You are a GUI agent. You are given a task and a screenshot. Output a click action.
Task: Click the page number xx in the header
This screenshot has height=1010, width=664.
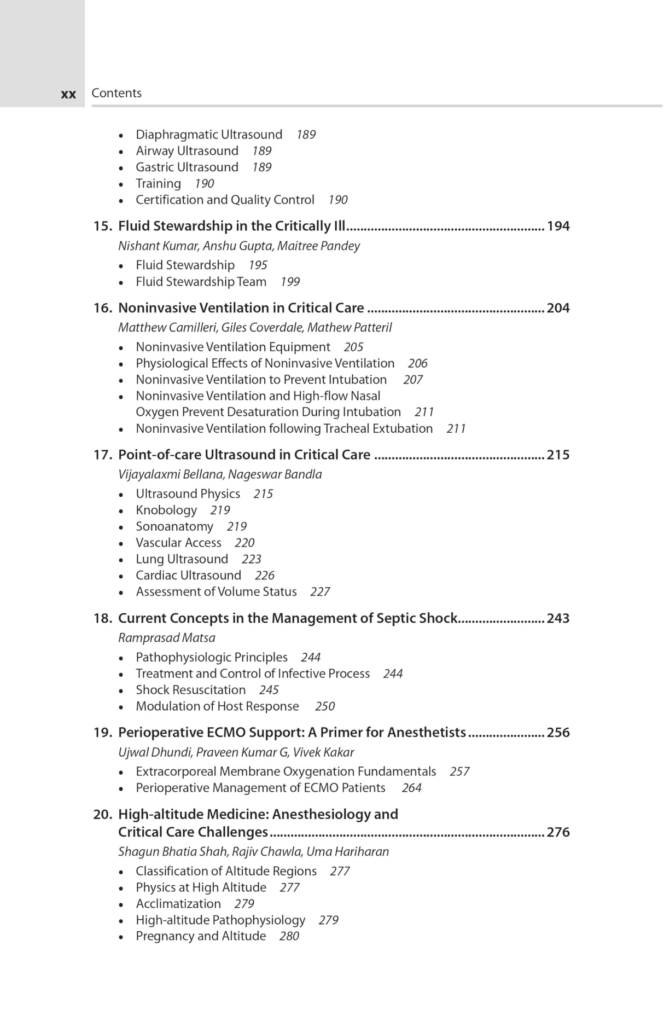(x=68, y=94)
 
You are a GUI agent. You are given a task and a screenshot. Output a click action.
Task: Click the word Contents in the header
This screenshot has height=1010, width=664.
(x=116, y=93)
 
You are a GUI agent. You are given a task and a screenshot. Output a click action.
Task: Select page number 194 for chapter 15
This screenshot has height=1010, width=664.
(x=558, y=226)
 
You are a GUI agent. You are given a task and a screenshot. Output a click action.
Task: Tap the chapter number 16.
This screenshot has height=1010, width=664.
(x=102, y=308)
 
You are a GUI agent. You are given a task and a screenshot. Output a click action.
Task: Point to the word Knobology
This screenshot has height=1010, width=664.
(x=166, y=510)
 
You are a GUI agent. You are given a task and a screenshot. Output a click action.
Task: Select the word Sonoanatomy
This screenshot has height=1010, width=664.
(x=174, y=526)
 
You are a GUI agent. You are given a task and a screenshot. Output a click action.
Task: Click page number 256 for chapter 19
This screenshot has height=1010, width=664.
(x=558, y=733)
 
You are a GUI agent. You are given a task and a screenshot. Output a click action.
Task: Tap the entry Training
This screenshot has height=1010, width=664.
(x=158, y=184)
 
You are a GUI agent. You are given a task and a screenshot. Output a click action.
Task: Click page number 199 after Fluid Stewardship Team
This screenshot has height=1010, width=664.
(x=290, y=282)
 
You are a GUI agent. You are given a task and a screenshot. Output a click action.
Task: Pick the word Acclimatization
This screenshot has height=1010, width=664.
(x=178, y=904)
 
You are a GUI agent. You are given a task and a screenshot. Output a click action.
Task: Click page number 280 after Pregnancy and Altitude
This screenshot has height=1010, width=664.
(x=289, y=936)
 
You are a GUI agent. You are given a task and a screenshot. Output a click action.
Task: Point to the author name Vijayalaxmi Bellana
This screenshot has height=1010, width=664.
(x=171, y=474)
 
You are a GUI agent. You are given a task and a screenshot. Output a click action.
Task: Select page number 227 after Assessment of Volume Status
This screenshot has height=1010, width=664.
(x=320, y=592)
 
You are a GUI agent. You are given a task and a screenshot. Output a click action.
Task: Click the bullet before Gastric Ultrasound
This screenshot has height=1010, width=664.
(x=121, y=168)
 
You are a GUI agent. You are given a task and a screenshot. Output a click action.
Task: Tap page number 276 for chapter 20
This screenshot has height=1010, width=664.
(x=558, y=832)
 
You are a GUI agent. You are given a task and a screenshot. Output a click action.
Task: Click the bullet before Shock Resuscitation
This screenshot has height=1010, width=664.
(x=121, y=690)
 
